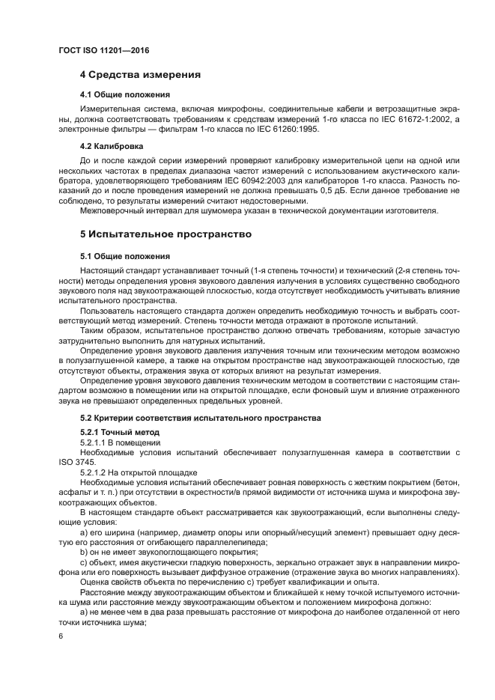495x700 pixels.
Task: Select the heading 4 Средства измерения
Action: point(140,75)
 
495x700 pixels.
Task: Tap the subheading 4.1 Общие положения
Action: point(124,94)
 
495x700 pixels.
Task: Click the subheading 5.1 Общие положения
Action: point(124,256)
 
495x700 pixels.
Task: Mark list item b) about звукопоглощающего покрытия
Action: point(168,552)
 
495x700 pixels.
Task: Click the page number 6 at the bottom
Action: point(61,636)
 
